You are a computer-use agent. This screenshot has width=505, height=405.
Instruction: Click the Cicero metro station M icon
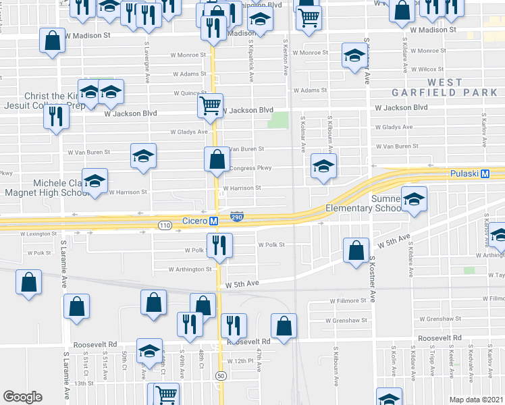(x=213, y=221)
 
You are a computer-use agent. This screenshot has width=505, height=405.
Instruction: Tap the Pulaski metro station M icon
(x=485, y=173)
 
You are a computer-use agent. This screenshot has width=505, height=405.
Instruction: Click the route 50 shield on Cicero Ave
(x=220, y=375)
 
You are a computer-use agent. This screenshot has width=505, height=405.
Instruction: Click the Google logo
(x=22, y=397)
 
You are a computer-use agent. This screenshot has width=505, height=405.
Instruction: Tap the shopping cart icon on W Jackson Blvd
(x=211, y=106)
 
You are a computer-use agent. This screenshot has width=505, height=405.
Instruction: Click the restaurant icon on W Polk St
(x=219, y=246)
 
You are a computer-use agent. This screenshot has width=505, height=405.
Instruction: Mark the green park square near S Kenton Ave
(x=277, y=120)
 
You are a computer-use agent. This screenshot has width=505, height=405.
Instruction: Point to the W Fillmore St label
(x=348, y=301)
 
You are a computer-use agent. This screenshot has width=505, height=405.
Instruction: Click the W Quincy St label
(x=190, y=93)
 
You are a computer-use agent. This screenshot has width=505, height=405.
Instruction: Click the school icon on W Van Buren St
(x=143, y=157)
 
